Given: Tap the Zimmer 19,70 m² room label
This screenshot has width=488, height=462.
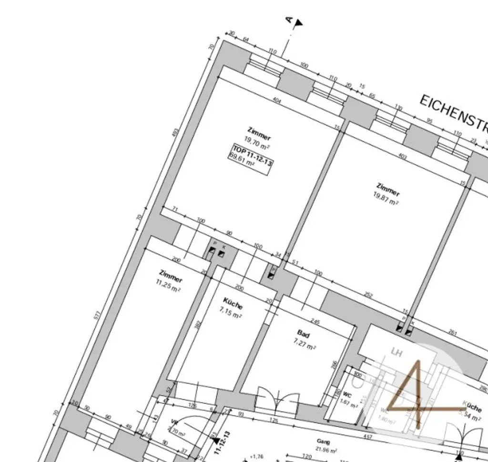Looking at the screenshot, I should (x=258, y=135).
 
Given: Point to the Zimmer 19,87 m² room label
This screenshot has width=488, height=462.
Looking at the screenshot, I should (x=387, y=194).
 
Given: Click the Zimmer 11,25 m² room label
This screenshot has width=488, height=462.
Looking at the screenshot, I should (x=170, y=282).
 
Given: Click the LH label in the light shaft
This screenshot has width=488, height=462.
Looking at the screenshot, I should (x=396, y=353).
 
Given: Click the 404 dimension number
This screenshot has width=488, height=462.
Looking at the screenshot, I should (x=276, y=101).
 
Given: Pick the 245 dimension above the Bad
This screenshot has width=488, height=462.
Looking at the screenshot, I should (x=315, y=322).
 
